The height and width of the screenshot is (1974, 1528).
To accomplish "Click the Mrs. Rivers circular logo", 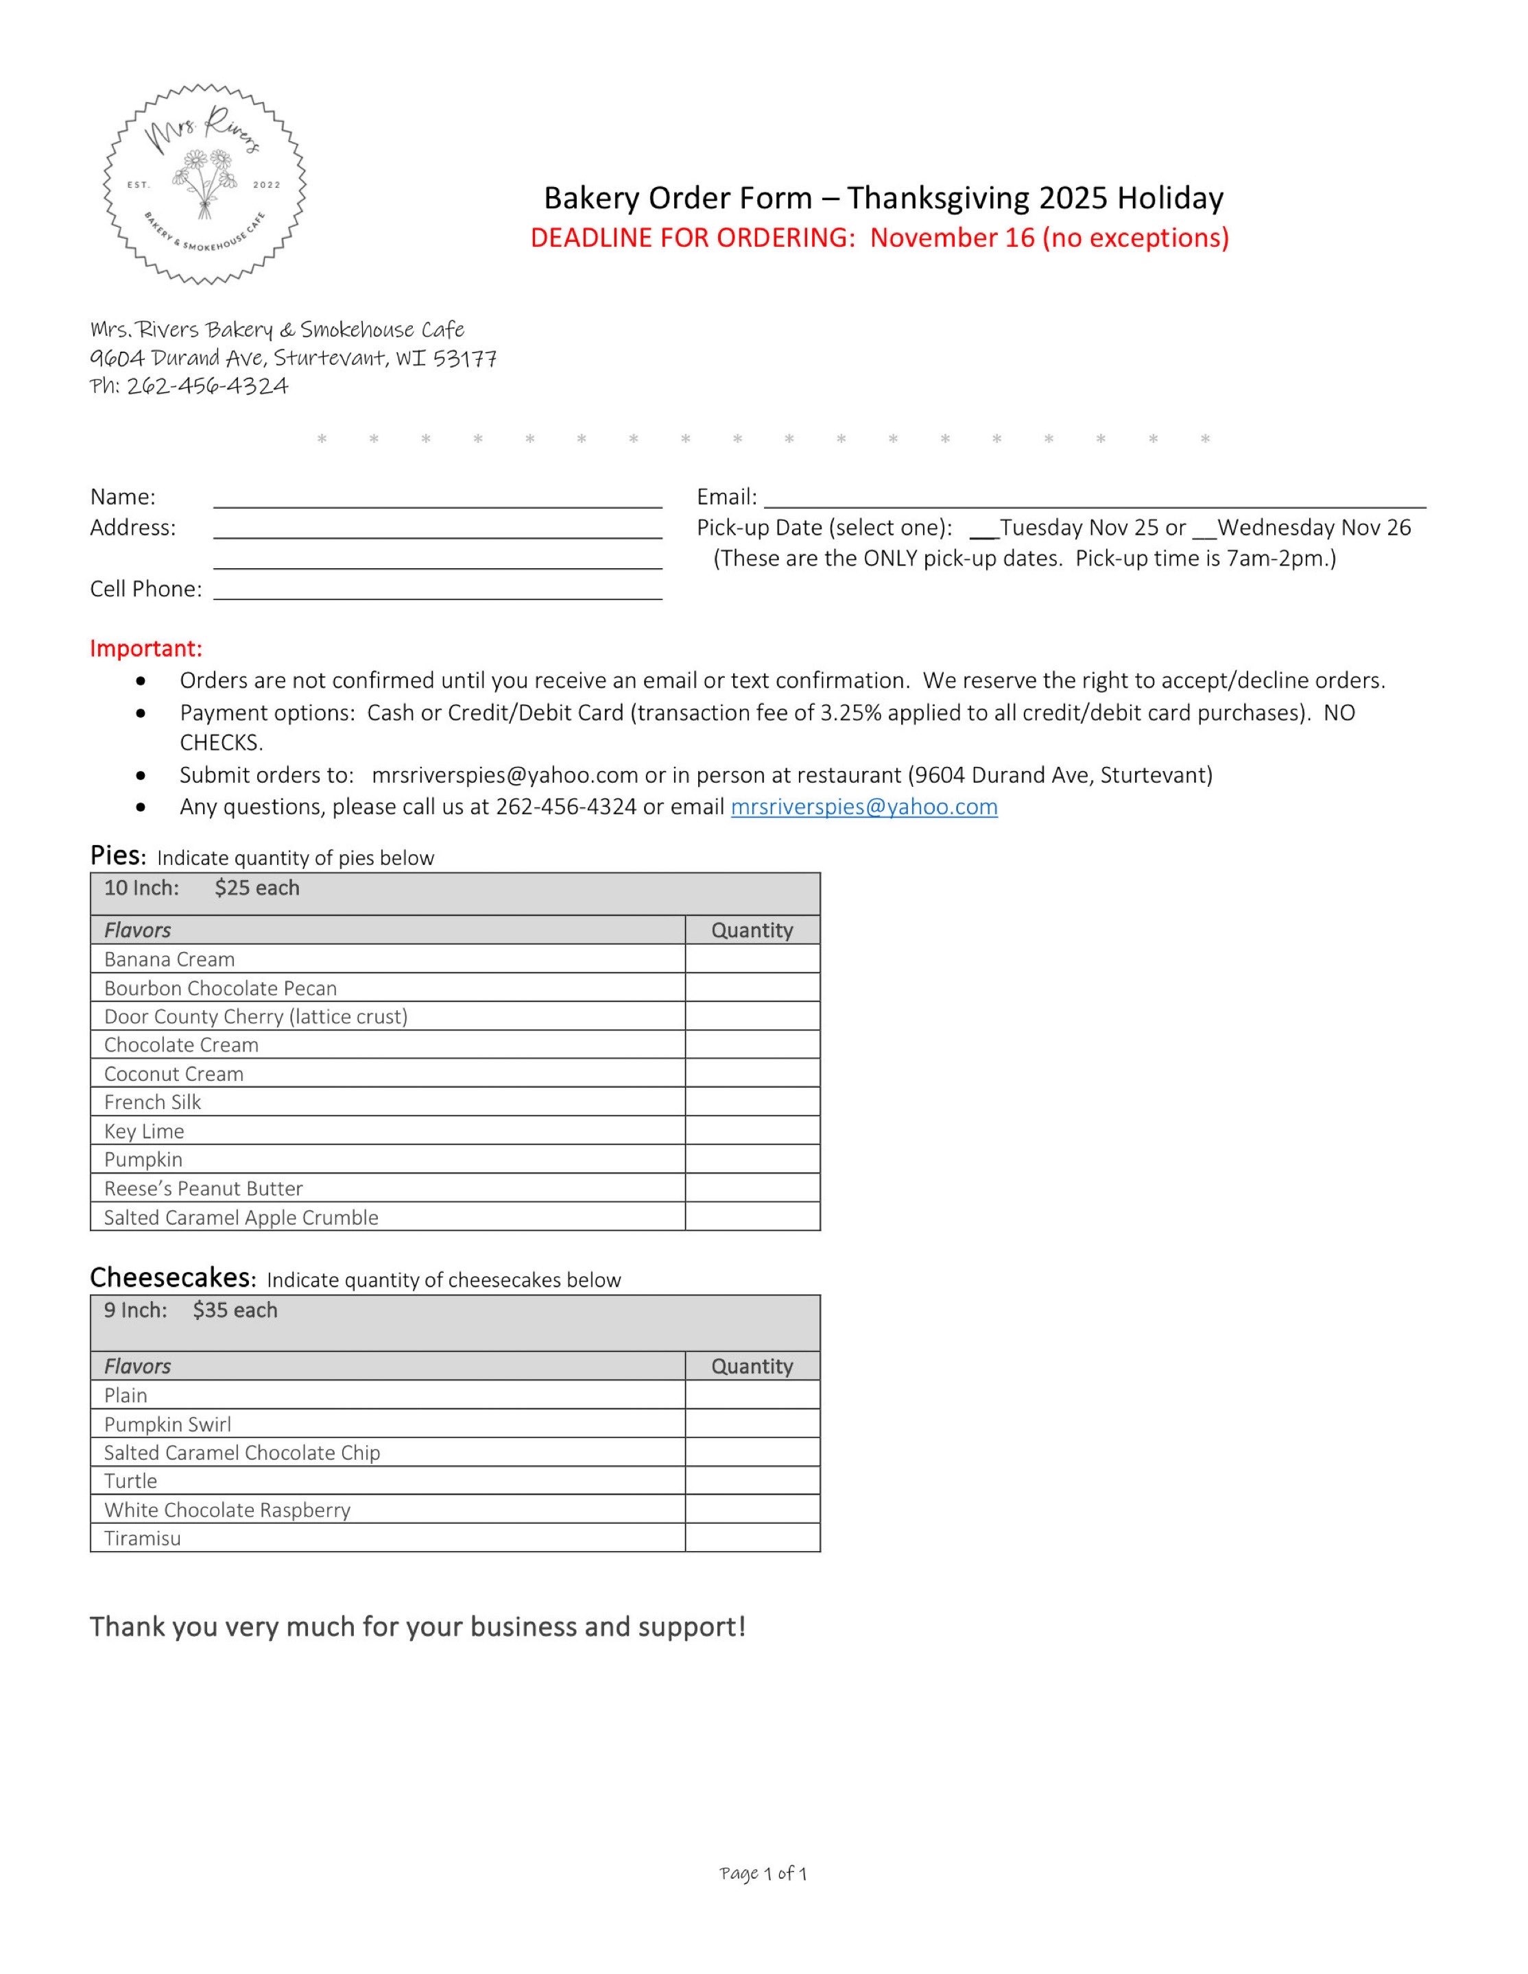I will [204, 184].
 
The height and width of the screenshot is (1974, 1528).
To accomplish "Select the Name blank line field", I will [438, 499].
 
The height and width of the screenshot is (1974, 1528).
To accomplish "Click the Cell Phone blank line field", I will [438, 591].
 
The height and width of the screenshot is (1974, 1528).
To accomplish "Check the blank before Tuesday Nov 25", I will [983, 530].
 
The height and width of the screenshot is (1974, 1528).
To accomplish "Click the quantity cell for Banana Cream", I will [752, 959].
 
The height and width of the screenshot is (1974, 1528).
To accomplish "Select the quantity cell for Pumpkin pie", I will [752, 1160].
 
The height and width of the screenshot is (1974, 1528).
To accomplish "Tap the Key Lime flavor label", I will [144, 1131].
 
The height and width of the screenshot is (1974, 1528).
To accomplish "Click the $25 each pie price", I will [256, 888].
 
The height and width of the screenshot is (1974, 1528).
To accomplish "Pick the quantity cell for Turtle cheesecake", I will [752, 1481].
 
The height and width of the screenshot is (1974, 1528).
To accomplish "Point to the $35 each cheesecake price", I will [234, 1311].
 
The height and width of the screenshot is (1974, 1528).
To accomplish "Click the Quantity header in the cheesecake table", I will [752, 1367].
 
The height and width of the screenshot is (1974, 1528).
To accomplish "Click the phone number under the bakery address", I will [207, 386].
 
